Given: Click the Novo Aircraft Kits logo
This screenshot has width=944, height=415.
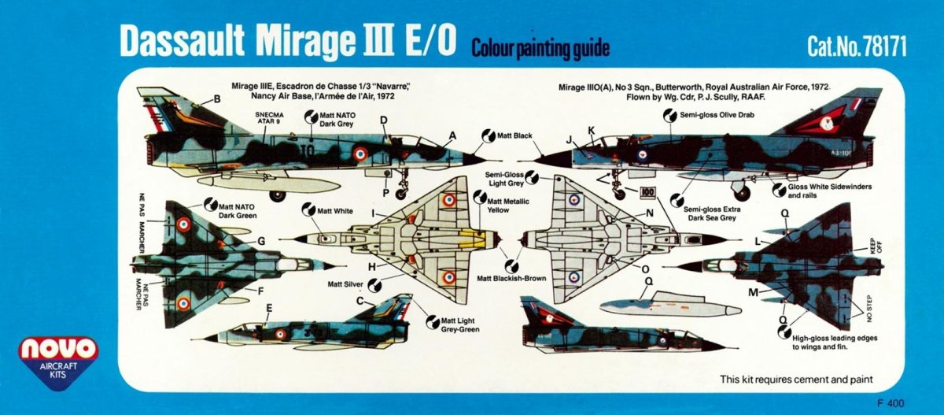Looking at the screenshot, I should (x=60, y=357).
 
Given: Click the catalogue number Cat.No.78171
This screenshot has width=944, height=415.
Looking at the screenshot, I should (x=857, y=47).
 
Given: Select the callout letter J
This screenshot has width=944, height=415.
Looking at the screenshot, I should (x=568, y=140).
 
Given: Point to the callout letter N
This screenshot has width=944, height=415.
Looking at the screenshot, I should (x=650, y=213).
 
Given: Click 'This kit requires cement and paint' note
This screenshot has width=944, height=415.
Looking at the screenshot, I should (x=796, y=379).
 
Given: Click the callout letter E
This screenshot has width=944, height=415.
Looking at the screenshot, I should (x=269, y=308).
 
